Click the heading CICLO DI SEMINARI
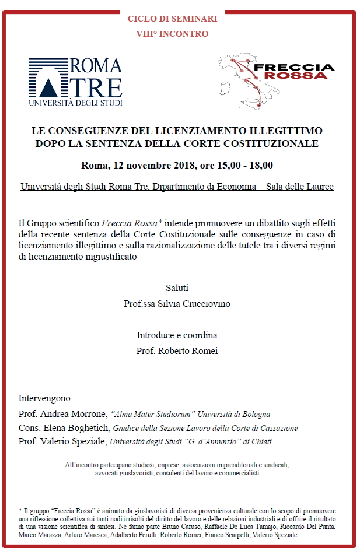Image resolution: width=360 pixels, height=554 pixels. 172,19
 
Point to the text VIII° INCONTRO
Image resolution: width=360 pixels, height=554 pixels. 172,34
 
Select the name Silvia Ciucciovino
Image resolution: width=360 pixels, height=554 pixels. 195,304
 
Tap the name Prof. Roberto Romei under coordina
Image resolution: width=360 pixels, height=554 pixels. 177,351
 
